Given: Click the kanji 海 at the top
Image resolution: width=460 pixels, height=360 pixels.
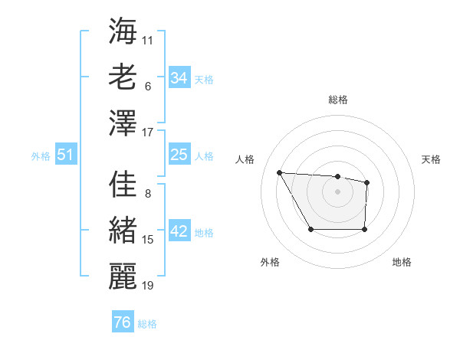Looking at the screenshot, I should (123, 31).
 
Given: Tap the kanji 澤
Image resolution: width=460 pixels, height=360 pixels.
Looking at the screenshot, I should (123, 123).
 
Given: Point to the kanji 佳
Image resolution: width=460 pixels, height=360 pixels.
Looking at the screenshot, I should (123, 185).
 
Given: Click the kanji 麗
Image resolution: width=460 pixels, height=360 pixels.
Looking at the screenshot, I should (123, 277).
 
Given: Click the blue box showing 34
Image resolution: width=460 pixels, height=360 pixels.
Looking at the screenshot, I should (179, 77).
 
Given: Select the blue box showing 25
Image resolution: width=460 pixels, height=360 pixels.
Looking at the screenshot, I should (179, 155).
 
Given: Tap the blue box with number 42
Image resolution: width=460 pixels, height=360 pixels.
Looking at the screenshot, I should (179, 232).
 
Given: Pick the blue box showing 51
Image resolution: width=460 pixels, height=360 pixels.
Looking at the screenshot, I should (66, 155).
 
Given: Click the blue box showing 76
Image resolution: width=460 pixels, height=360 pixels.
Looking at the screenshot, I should (123, 322).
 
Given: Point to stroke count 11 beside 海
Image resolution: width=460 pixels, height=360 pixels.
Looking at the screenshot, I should (148, 39).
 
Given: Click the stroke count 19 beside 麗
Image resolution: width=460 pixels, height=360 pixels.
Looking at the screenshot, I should (148, 286).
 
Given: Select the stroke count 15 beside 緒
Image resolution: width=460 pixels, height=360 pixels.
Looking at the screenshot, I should (148, 240).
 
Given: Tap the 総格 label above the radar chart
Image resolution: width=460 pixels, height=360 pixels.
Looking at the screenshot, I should (337, 100).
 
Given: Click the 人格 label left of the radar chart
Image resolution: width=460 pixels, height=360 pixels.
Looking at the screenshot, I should (245, 159).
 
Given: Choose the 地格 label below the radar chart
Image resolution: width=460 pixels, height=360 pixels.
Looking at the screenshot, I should (402, 262).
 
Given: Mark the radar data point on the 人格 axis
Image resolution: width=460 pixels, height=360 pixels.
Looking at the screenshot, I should (280, 172).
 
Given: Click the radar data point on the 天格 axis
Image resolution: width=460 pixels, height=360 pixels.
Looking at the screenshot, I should (367, 182).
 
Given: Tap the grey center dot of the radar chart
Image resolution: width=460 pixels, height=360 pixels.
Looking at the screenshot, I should (337, 191).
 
